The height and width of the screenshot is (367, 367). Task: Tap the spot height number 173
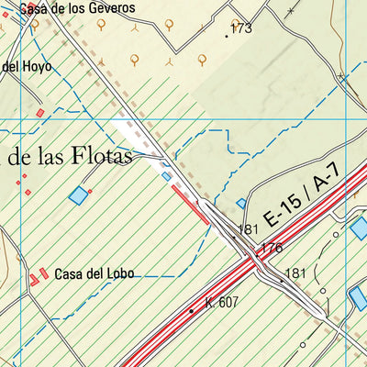point(241,29)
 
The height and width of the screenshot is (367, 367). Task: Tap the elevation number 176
point(272,249)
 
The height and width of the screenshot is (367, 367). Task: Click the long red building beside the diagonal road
point(189,202)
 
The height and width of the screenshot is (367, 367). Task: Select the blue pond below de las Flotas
point(80,195)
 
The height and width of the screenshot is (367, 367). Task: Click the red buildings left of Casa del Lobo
point(39,276)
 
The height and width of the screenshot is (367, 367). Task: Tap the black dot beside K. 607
point(192,311)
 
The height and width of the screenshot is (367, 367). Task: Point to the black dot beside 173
point(226,36)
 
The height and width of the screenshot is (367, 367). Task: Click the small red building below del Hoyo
point(39,112)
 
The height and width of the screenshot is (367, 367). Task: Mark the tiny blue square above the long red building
point(166,175)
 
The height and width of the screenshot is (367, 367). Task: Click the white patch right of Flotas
point(128,129)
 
